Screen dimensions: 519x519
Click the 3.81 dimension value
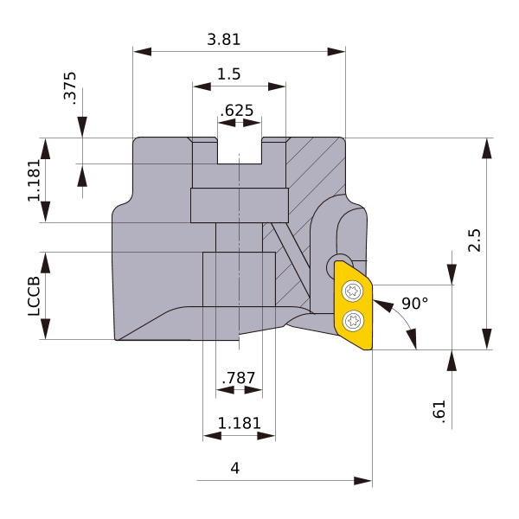(224, 40)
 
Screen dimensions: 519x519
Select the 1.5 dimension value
(228, 74)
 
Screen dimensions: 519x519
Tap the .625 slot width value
(237, 110)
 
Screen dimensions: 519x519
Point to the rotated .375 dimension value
(70, 88)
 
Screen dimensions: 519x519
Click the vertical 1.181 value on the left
(34, 181)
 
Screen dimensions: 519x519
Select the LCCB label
(34, 296)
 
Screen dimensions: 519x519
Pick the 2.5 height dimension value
(474, 240)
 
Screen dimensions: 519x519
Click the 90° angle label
(414, 304)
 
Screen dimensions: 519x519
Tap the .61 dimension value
(439, 412)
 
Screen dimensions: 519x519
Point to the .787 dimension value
(239, 378)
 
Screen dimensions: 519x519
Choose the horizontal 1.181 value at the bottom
(240, 423)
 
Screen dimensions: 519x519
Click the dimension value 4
(234, 468)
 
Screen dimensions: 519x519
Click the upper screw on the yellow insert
(353, 292)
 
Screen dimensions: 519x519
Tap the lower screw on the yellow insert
(353, 320)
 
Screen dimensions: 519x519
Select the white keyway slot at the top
(240, 151)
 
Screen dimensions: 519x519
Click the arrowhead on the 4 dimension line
(362, 481)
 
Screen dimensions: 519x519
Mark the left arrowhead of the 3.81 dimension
(143, 52)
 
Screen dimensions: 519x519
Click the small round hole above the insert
(337, 266)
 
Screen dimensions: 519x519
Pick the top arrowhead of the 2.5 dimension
(486, 147)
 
